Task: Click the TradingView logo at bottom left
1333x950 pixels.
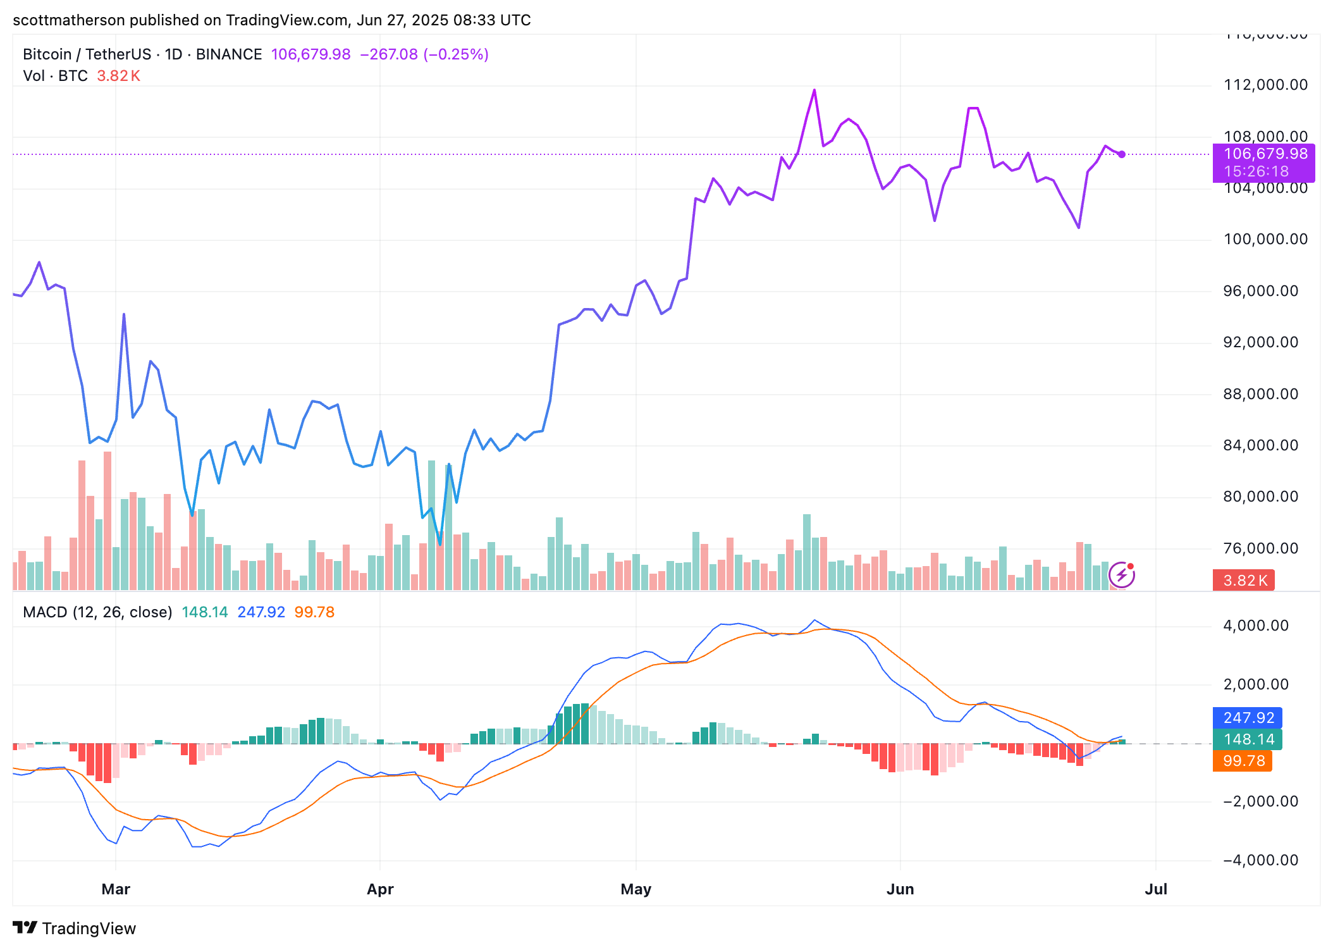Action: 74,928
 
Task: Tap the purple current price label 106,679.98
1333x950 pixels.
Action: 1265,154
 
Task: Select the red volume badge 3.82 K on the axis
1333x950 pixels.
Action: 1243,581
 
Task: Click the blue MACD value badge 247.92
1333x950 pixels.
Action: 1247,718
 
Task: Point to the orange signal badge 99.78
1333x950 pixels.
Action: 1243,760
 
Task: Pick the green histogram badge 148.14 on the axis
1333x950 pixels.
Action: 1247,739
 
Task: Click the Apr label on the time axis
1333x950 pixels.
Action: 380,889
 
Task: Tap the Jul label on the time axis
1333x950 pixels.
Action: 1156,889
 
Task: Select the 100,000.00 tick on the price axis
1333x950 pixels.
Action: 1265,239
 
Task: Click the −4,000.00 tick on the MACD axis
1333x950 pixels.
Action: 1260,860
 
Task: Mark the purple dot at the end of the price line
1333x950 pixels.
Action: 1121,154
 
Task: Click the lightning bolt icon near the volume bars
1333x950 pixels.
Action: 1122,575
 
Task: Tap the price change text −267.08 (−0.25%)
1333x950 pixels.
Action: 424,54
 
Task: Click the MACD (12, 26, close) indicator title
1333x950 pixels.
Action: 97,612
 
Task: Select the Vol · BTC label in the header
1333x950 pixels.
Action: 55,76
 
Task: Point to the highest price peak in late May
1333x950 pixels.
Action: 814,90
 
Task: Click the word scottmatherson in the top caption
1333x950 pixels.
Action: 69,20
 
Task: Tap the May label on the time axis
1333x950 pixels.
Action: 636,889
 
